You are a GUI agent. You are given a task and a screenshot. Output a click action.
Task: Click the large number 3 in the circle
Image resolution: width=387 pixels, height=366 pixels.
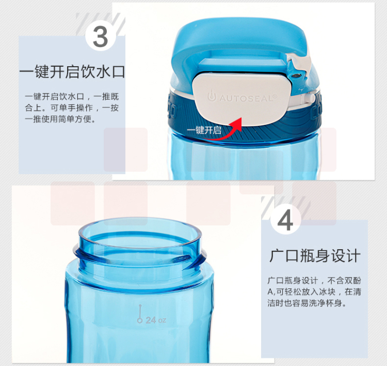(x=101, y=37)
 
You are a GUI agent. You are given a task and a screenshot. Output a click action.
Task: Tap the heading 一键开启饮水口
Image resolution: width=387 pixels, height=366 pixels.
(x=72, y=72)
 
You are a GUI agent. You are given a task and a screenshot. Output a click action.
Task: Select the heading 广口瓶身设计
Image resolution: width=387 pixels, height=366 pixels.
(x=315, y=256)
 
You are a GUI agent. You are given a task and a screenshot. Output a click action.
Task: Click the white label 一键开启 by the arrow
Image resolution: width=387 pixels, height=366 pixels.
(x=204, y=130)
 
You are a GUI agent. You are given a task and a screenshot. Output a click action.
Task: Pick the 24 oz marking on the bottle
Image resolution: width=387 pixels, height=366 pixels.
(x=156, y=321)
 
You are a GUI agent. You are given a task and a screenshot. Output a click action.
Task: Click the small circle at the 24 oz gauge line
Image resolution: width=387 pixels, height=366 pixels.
(x=140, y=321)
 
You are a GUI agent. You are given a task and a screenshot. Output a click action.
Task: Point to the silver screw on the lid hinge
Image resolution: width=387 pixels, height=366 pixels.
(x=296, y=75)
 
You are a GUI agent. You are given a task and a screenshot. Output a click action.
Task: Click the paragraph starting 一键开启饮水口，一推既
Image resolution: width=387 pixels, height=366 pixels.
(x=72, y=108)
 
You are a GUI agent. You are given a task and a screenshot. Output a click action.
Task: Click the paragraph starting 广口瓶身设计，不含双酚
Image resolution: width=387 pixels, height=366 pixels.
(x=314, y=292)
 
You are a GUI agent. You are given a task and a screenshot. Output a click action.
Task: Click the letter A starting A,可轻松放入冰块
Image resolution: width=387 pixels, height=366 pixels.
(x=270, y=292)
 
